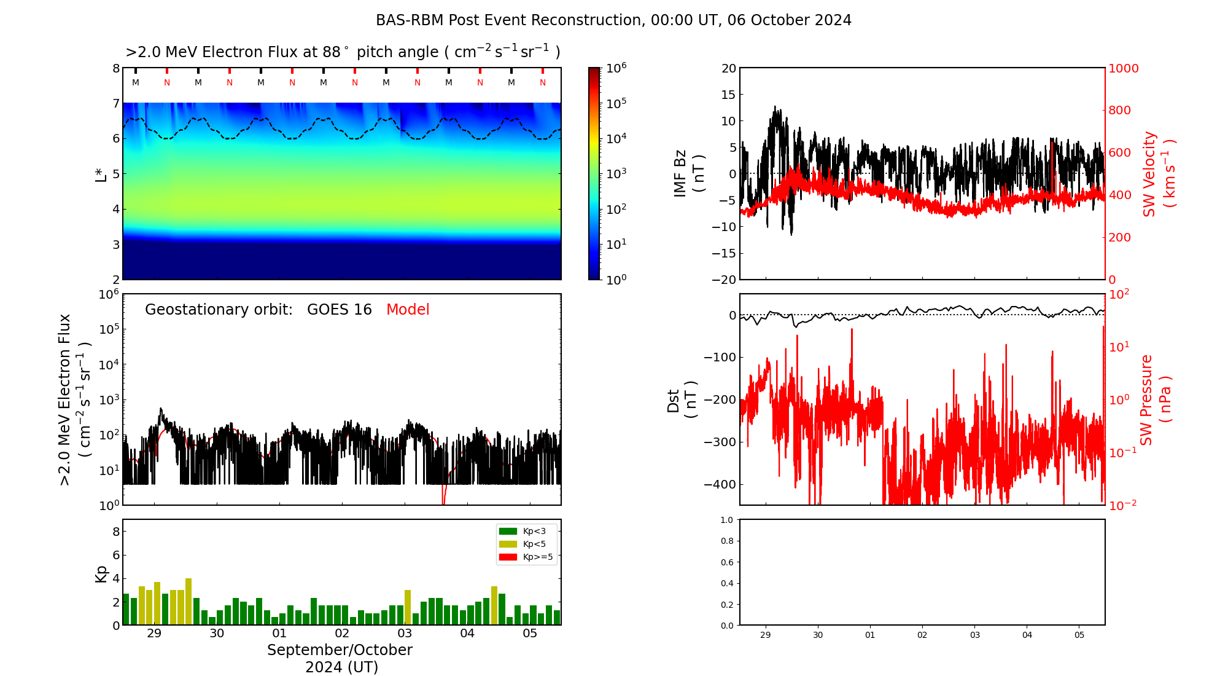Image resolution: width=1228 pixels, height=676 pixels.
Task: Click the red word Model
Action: [x=408, y=310]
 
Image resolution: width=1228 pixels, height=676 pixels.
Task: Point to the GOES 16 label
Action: [x=340, y=310]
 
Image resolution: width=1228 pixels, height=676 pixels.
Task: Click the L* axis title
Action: [x=101, y=175]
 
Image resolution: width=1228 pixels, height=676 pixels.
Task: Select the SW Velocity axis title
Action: [x=1149, y=174]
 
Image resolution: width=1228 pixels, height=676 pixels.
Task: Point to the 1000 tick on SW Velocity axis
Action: [x=1123, y=68]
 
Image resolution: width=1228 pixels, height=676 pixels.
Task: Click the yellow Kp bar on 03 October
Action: [x=408, y=607]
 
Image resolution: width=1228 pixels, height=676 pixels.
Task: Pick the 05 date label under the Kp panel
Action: [x=530, y=634]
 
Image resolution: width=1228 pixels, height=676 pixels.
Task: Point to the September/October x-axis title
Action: [x=340, y=650]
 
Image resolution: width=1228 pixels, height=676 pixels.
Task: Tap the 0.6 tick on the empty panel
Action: [x=727, y=562]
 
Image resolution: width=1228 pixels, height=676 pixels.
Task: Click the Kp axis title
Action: [x=101, y=573]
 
